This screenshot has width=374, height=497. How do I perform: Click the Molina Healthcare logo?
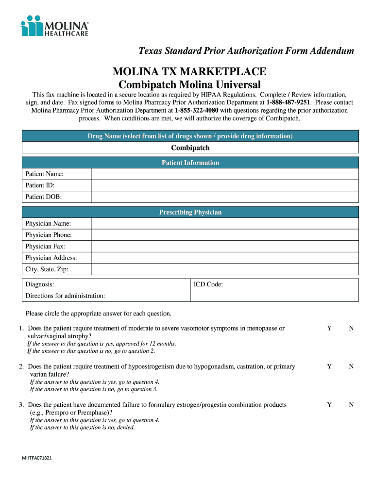[x=55, y=26]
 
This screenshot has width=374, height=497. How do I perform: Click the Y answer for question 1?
[x=329, y=329]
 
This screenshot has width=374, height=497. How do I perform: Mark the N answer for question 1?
[x=351, y=329]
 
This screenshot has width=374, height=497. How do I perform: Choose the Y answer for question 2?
[x=329, y=367]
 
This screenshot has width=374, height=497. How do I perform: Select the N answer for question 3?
[x=351, y=405]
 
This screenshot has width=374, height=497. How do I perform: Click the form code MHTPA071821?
[x=37, y=458]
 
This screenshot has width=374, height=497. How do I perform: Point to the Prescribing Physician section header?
[x=190, y=213]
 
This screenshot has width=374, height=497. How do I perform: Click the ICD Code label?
[x=208, y=284]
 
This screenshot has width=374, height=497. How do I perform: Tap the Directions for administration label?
[x=65, y=296]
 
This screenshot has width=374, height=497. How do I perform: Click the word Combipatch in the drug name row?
[x=190, y=148]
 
